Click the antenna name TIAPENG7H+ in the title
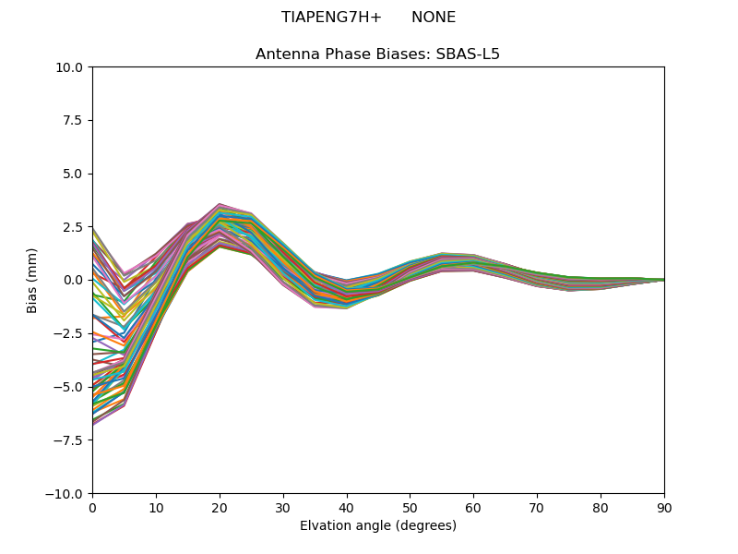point(331,18)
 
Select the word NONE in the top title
point(434,18)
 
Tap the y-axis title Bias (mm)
point(32,280)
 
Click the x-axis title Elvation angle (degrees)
point(378,526)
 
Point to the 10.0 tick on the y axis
point(72,67)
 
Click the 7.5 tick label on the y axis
point(76,120)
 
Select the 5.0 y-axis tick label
point(76,174)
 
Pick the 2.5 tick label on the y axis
point(76,227)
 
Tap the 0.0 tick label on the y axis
point(76,280)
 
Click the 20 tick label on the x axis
point(220,507)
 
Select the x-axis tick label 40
point(347,507)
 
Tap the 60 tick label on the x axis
point(473,507)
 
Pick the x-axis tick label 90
point(664,507)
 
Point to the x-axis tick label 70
point(537,507)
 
